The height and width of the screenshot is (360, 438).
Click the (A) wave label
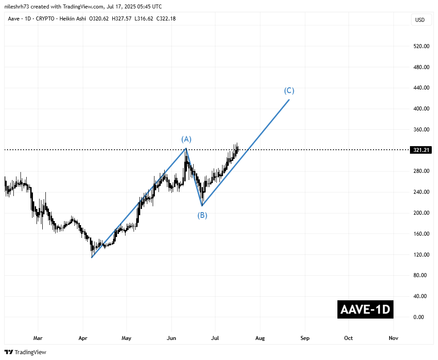click(x=186, y=139)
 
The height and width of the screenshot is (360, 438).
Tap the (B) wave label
click(x=202, y=216)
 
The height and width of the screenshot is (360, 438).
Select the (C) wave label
click(x=289, y=91)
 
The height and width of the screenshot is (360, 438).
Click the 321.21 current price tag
click(x=421, y=150)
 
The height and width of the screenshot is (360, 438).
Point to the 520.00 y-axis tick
click(x=421, y=46)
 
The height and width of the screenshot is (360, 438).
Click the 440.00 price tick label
click(x=421, y=88)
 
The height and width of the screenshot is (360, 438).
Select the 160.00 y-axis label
click(x=421, y=233)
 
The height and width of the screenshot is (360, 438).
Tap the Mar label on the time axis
click(x=38, y=338)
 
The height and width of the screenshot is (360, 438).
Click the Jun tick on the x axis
click(x=171, y=338)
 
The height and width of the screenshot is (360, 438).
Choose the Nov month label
click(x=393, y=338)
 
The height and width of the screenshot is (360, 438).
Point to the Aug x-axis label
click(x=260, y=338)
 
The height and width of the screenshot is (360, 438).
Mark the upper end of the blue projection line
click(x=289, y=99)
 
